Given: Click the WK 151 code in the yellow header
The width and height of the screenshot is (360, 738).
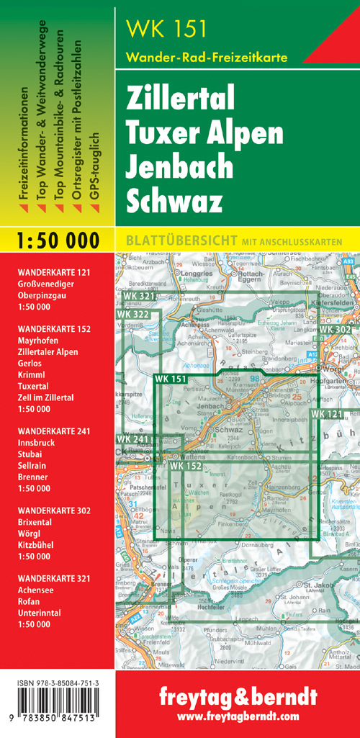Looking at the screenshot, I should coord(166,30).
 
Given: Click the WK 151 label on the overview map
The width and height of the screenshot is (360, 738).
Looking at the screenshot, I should coord(170,379).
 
